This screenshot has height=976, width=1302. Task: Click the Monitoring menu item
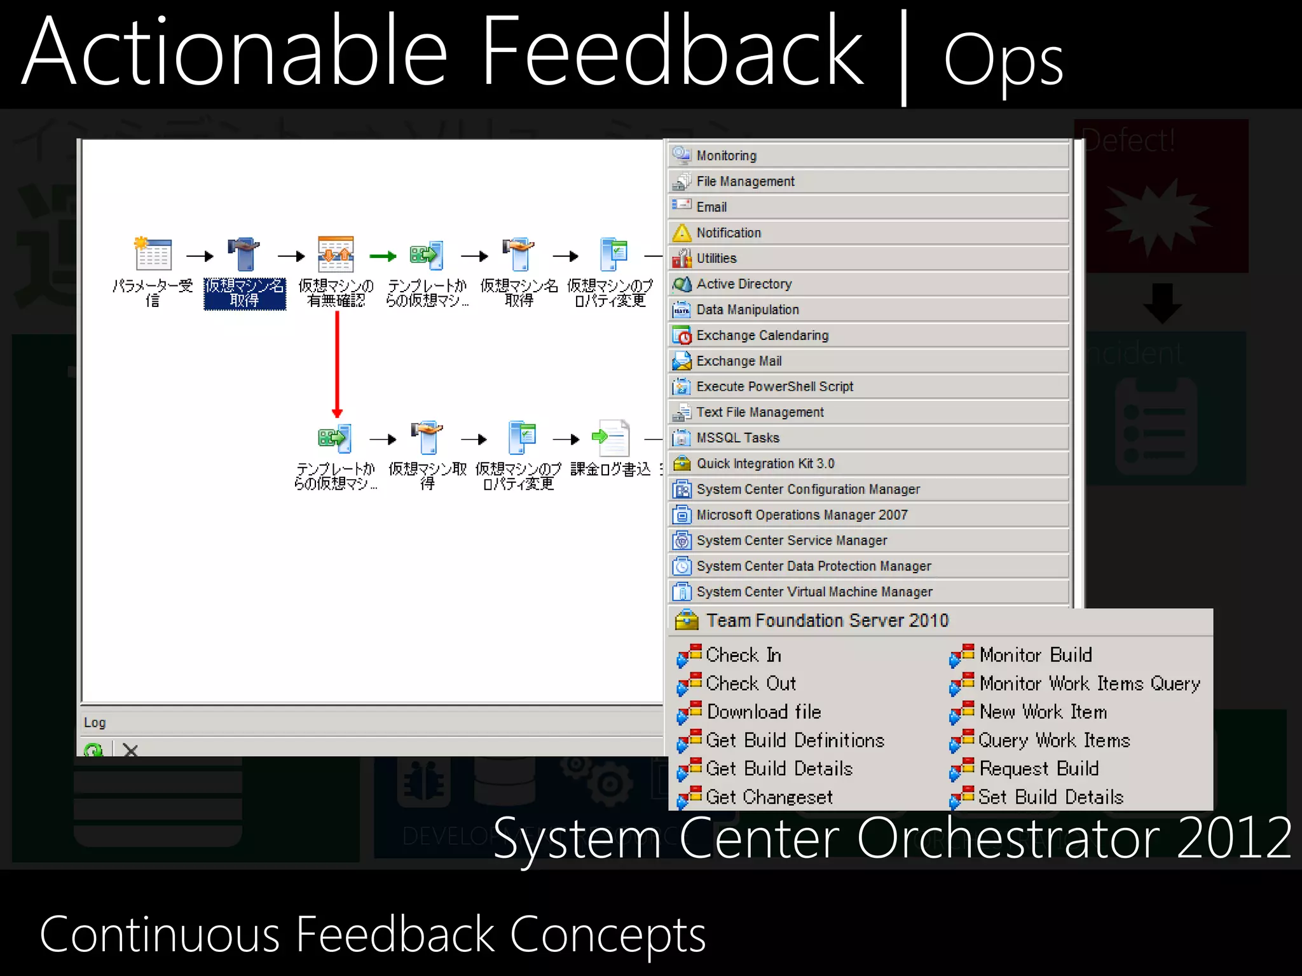coord(726,156)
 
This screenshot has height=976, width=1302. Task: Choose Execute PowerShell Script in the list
coord(774,386)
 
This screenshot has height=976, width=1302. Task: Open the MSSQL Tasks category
coord(737,438)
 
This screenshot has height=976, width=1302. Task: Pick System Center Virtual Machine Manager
coord(814,592)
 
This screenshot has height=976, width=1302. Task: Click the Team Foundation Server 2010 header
coord(826,620)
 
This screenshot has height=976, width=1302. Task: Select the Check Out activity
coord(750,684)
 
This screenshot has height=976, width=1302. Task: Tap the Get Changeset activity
coord(769,797)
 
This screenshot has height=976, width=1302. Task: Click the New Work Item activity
coord(1043,712)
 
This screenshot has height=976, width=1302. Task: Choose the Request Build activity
coord(1039,769)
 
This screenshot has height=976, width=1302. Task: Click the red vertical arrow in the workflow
coord(337,362)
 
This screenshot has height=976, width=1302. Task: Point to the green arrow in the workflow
coord(383,256)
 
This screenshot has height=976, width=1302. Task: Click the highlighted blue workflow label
coord(245,294)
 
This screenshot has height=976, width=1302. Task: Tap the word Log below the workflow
coord(95,722)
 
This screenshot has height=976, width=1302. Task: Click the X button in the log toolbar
coord(130,750)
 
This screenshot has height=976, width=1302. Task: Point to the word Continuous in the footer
coord(159,935)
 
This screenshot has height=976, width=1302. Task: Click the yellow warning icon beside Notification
coord(682,233)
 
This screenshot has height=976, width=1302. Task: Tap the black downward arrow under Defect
coord(1162,303)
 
